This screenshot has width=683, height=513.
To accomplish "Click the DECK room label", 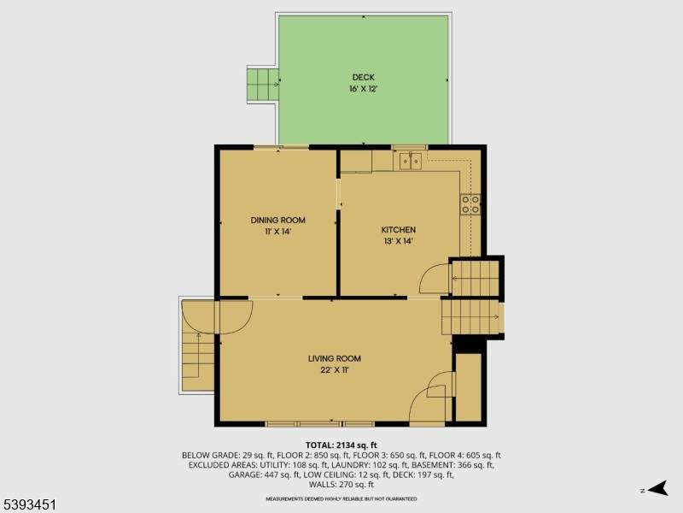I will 363,77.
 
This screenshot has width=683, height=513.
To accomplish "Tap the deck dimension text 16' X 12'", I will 363,88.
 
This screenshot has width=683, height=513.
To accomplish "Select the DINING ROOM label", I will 277,220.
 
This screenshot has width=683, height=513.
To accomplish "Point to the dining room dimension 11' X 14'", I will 277,231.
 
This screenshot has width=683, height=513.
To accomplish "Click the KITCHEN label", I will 398,230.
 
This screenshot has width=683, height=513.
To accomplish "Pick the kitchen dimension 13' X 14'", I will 398,241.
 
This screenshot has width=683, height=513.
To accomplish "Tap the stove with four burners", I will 470,203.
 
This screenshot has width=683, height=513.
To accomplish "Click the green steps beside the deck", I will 263,84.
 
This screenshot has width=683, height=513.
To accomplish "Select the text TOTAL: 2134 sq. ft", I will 341,445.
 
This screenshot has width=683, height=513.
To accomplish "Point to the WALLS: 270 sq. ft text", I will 341,485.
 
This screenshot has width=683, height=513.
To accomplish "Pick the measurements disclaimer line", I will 341,498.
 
